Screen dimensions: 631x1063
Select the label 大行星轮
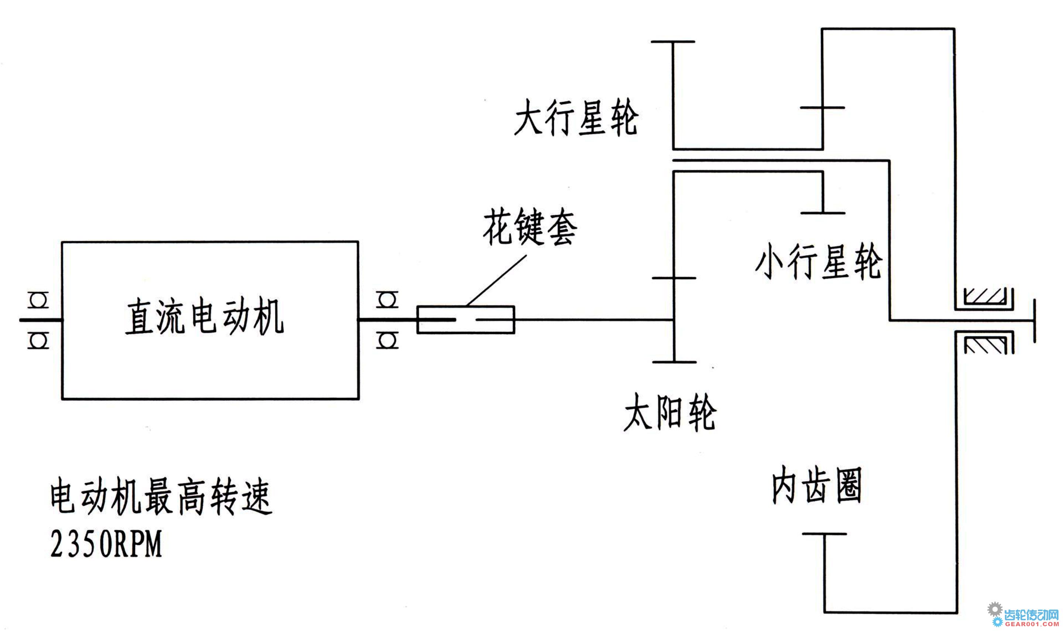click(x=576, y=118)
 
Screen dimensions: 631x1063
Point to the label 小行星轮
click(x=819, y=261)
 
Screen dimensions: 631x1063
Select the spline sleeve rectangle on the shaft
click(x=466, y=319)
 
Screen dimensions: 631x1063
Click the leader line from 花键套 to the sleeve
click(x=496, y=281)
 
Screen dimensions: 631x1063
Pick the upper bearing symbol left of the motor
click(x=38, y=300)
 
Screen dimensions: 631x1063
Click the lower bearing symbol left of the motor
click(x=38, y=340)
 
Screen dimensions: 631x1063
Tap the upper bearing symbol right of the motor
click(x=387, y=300)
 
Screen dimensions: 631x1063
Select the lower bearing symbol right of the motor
click(x=387, y=340)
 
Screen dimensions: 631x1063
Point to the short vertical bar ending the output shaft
click(x=1034, y=320)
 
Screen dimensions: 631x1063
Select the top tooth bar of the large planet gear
click(x=673, y=42)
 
